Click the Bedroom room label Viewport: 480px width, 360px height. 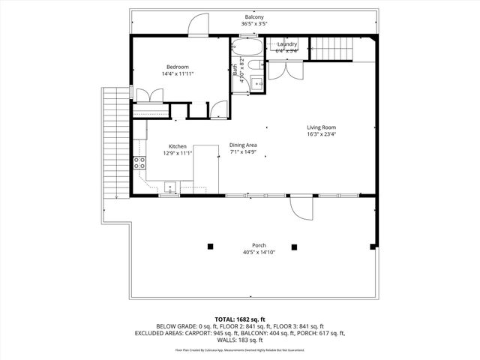click(178, 67)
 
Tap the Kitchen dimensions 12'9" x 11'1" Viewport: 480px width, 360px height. click(178, 153)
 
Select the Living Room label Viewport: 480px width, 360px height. click(321, 127)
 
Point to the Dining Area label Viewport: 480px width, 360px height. click(243, 145)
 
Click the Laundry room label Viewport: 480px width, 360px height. click(287, 44)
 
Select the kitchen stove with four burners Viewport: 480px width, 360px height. click(139, 163)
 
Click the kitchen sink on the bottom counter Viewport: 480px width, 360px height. click(170, 187)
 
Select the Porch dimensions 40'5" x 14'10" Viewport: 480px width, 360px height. click(259, 252)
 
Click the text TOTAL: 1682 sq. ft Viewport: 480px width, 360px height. click(240, 319)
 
